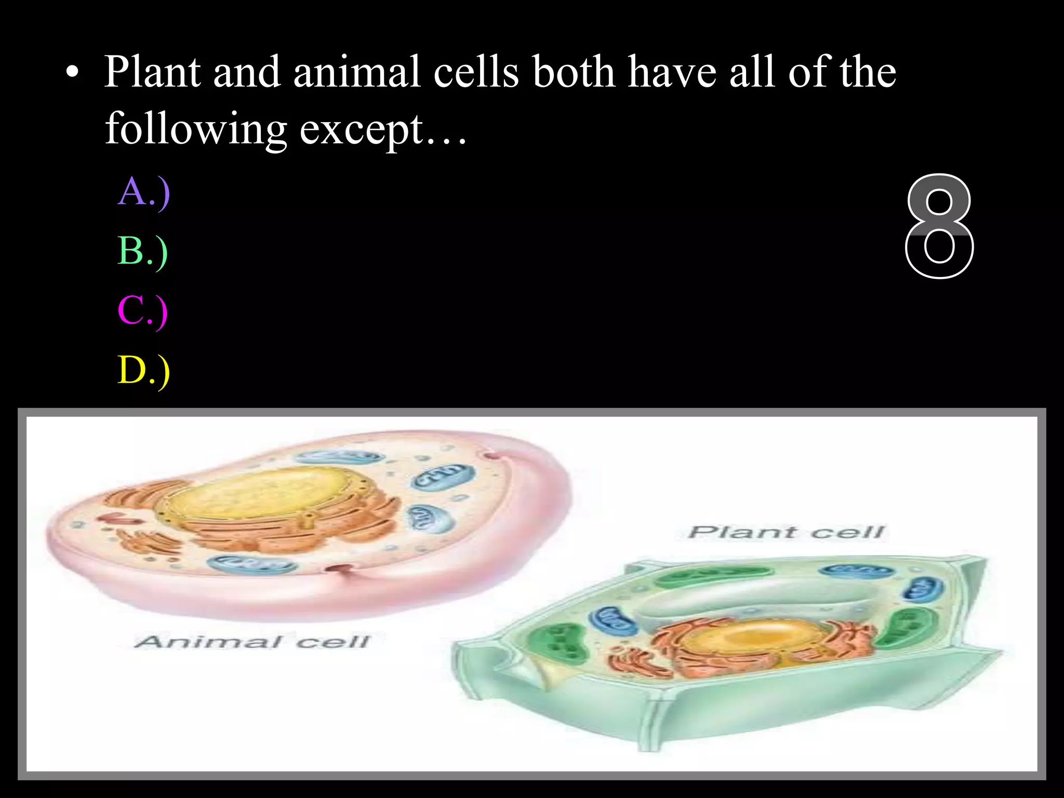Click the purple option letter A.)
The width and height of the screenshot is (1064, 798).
coord(144,192)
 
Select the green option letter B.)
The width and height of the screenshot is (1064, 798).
coord(143,251)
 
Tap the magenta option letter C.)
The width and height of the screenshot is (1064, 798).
coord(143,311)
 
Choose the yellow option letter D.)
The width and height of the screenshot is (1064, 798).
coord(144,370)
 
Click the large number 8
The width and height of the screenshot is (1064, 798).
coord(939,227)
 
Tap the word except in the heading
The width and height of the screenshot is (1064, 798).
coord(362,130)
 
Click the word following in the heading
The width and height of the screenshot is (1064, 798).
coord(196,130)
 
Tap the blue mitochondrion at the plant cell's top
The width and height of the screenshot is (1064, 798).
coord(856,570)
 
